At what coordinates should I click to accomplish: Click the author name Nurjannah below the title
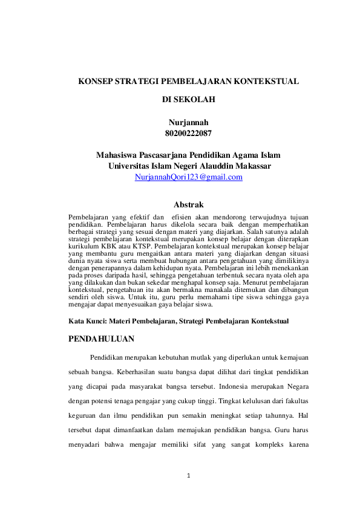pos(188,123)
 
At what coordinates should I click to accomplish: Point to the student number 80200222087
pos(188,133)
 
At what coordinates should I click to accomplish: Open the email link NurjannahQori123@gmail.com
pos(189,177)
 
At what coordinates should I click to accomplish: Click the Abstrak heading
pos(188,205)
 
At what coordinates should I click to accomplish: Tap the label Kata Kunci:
pos(88,320)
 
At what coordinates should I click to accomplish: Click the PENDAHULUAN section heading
pos(102,339)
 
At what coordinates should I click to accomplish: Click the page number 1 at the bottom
pos(189,476)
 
